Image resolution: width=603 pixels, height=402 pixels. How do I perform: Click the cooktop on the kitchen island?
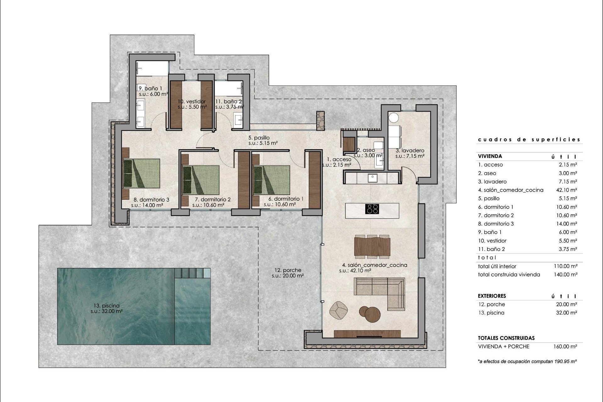tap(372, 209)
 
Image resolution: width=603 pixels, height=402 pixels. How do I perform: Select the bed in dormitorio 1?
tap(272, 180)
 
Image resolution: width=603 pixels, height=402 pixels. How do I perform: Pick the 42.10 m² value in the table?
tap(566, 190)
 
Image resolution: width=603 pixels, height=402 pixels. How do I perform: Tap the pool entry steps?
tap(193, 273)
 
